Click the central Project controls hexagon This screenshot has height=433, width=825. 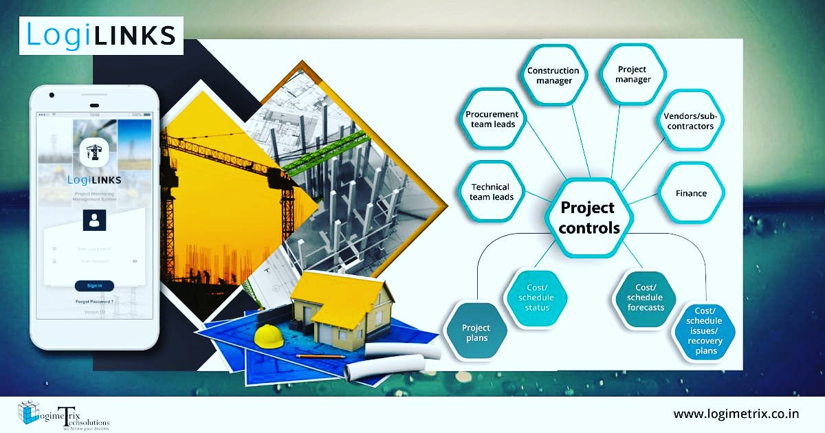click(588, 217)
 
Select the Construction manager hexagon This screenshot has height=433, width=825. click(553, 76)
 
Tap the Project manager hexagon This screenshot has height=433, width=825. click(632, 74)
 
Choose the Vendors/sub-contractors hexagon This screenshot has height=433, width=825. click(689, 121)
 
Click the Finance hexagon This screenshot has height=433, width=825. click(691, 193)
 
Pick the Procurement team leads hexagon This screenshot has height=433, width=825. click(491, 119)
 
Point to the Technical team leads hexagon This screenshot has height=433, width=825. click(491, 192)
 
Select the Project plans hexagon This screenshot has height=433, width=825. click(475, 333)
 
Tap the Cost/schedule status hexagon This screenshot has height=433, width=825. click(537, 298)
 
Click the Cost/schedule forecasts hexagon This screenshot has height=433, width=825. click(645, 298)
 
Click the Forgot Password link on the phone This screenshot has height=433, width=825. click(94, 302)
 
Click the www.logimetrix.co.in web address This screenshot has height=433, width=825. click(736, 414)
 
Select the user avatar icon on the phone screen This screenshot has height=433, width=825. click(94, 221)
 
